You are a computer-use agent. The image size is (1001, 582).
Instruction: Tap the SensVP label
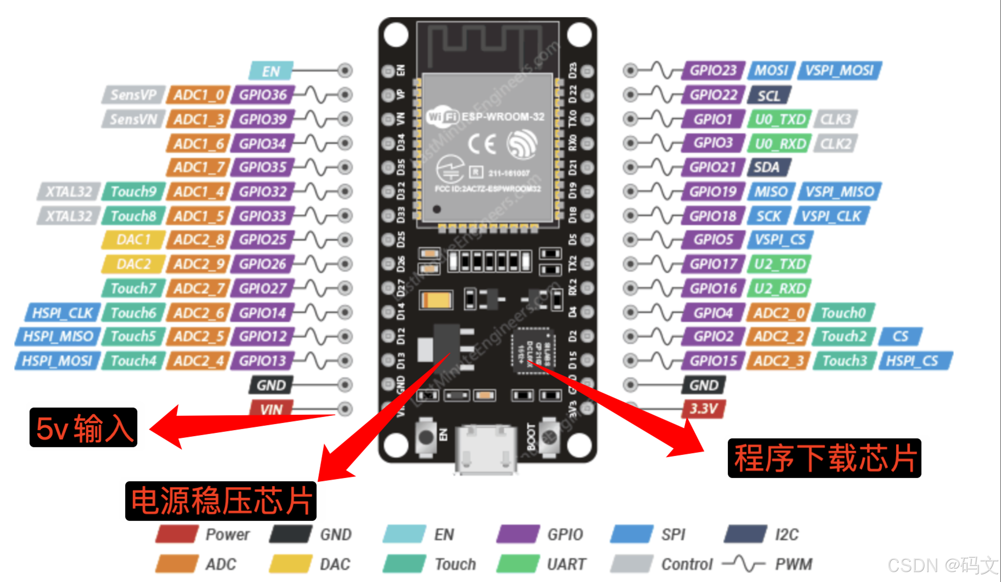coord(133,95)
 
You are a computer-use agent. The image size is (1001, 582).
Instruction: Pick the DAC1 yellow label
coord(133,240)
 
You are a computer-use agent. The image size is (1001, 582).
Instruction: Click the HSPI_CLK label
coord(62,313)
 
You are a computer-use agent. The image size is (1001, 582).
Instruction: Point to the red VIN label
coord(271,409)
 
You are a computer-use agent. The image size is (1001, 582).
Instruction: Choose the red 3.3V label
coord(704,409)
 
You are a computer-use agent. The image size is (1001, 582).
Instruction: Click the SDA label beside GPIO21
coord(768,167)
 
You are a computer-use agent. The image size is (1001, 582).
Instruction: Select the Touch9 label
coord(133,192)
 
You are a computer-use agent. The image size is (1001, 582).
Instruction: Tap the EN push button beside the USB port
coord(426,437)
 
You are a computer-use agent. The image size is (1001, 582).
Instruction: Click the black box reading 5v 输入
coord(83,428)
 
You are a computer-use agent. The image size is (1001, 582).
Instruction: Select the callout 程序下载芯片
coord(824,458)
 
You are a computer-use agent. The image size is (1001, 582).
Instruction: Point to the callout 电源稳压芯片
coord(221,501)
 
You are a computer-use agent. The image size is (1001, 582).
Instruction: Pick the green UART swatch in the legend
coord(518,564)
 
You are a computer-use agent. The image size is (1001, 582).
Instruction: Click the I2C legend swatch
coord(745,534)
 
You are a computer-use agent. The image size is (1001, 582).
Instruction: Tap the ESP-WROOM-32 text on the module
coord(503,117)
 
